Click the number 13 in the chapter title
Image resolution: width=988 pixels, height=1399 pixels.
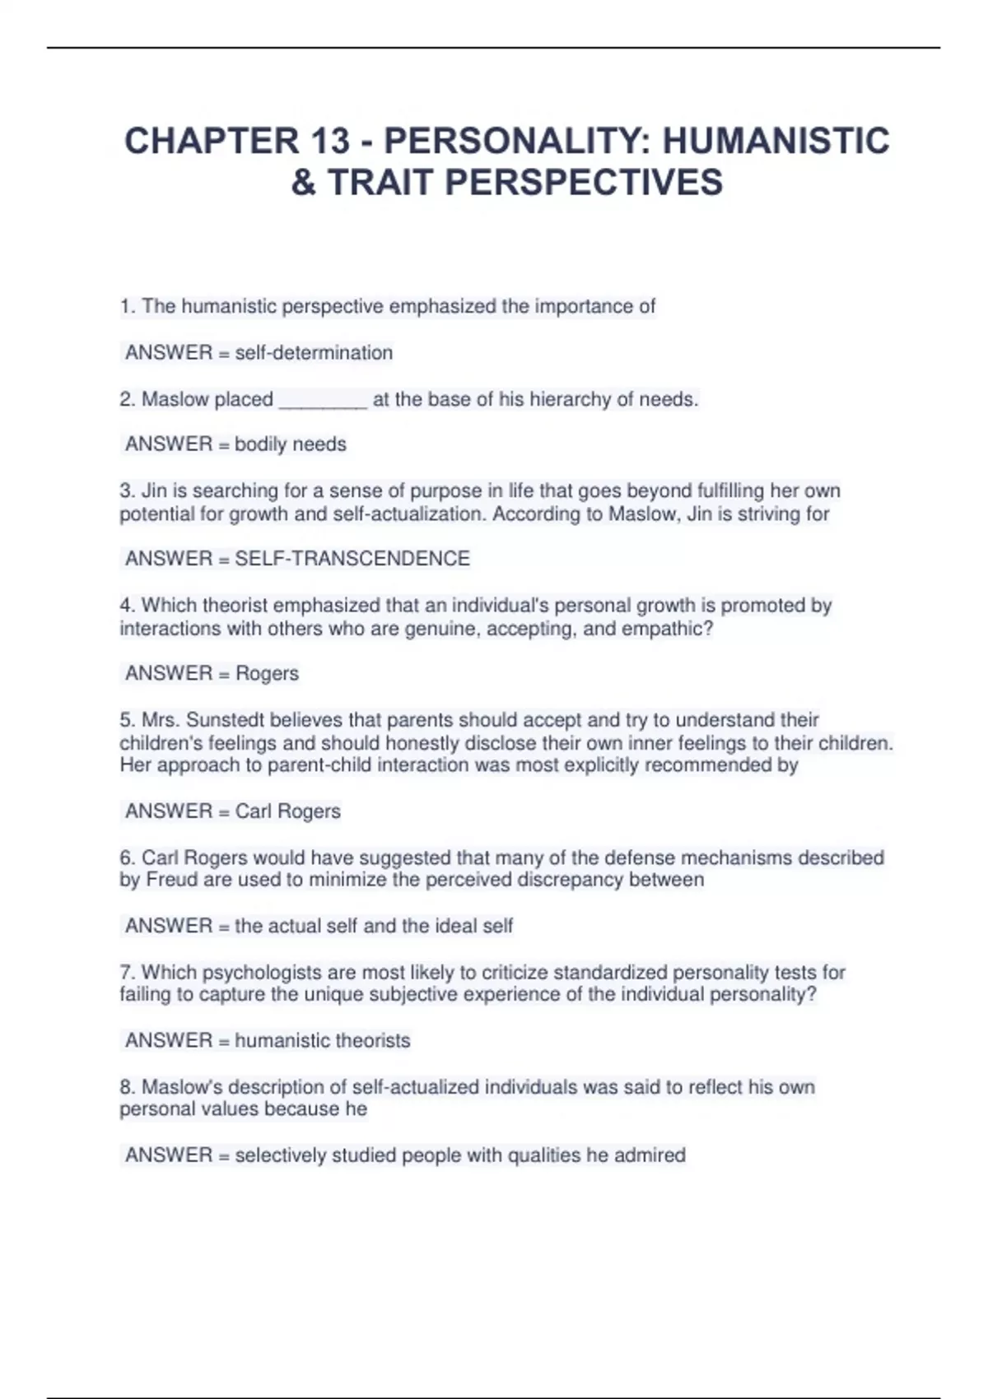coord(330,141)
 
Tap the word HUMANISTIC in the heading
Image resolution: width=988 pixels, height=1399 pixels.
coord(776,141)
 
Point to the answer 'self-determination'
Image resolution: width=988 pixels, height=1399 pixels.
coord(314,353)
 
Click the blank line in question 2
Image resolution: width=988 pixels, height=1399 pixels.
coord(323,401)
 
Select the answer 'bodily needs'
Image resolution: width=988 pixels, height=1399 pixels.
coord(291,444)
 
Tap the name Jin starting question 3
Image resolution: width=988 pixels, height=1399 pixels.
coord(154,491)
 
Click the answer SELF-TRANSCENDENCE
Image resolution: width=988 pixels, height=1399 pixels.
coord(352,559)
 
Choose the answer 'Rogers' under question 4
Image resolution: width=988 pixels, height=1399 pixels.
coord(267,673)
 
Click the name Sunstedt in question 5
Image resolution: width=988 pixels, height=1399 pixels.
coord(225,720)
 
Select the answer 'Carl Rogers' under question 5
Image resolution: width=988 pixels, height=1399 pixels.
coord(287,811)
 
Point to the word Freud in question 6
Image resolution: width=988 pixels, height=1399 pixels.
coord(171,880)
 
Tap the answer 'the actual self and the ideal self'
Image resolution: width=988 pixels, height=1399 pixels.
coord(374,926)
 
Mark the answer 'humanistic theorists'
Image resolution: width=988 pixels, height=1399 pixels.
coord(322,1040)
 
